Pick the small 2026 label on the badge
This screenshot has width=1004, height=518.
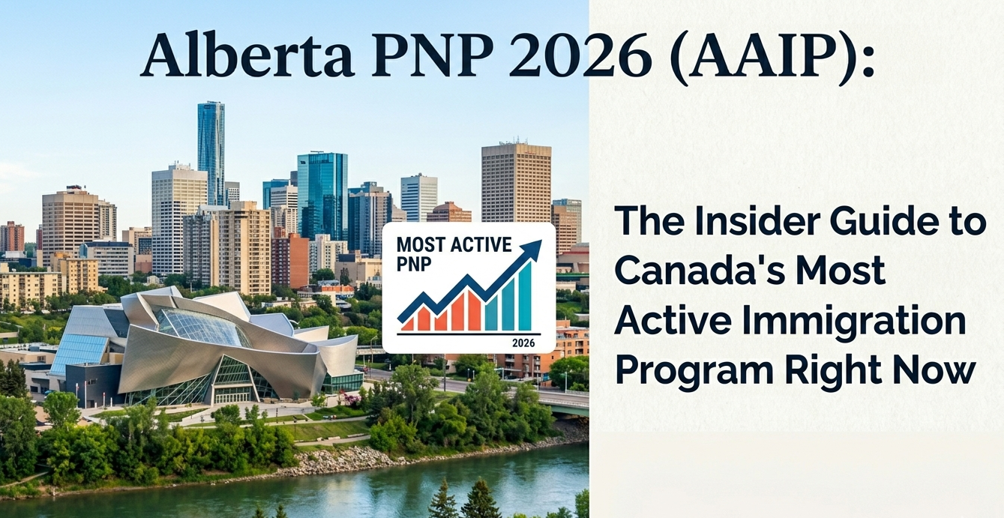pyautogui.click(x=523, y=343)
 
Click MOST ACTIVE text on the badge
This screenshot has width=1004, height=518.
pyautogui.click(x=454, y=244)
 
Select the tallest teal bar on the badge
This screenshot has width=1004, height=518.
pyautogui.click(x=525, y=296)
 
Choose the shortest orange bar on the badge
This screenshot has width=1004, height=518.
pyautogui.click(x=407, y=325)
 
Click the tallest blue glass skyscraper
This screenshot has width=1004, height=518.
pyautogui.click(x=211, y=151)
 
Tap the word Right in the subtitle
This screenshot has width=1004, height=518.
pyautogui.click(x=835, y=373)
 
